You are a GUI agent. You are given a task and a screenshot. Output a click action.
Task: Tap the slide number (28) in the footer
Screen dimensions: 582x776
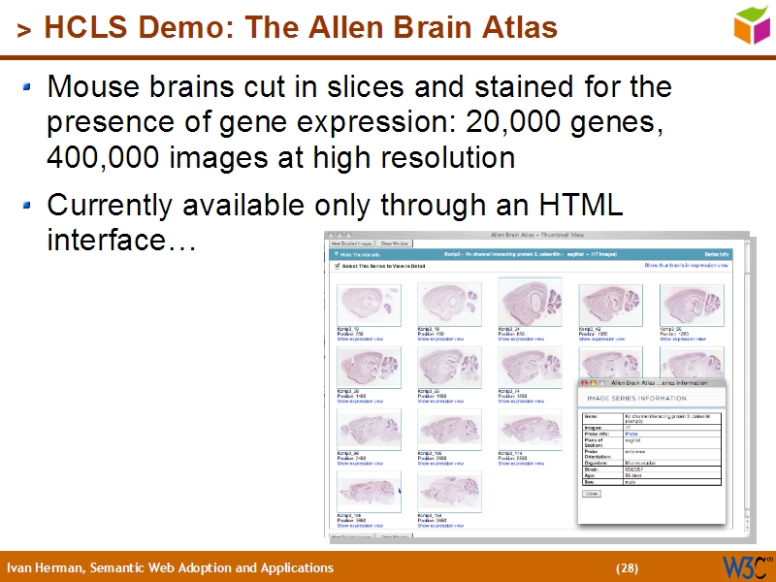click(628, 568)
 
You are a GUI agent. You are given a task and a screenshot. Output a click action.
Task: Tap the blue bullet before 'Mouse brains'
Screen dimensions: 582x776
click(27, 87)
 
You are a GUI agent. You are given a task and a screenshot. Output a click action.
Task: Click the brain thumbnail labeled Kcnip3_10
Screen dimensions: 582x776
click(369, 304)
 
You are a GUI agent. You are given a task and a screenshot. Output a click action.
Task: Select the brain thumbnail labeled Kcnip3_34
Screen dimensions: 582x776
click(530, 302)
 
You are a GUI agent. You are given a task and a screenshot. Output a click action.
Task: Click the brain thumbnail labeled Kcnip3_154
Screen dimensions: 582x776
click(449, 492)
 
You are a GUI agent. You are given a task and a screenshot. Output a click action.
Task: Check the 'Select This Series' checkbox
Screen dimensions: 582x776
click(337, 265)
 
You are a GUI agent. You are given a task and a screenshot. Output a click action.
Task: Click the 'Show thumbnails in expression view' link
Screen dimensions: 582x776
click(686, 265)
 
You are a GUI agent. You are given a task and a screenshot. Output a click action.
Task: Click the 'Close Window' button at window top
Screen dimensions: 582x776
click(396, 242)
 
